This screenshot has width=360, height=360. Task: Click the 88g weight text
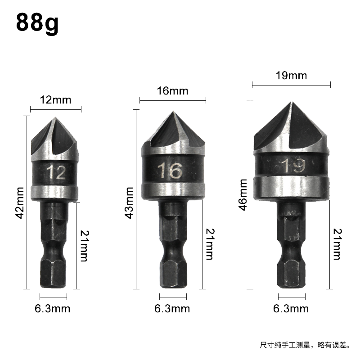37,23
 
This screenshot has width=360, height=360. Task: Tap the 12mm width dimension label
55,100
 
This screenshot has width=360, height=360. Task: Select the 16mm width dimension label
173,91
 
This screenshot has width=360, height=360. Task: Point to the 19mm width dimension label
291,76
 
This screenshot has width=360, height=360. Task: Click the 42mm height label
20,203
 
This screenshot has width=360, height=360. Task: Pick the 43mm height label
129,203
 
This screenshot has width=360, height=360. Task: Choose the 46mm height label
243,195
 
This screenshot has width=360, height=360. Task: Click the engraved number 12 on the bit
56,172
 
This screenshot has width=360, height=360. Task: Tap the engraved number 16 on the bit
170,171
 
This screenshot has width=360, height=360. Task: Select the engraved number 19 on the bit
294,166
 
